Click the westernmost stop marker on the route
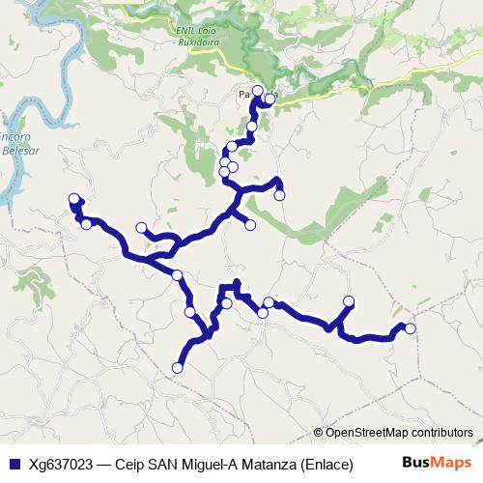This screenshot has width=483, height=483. pos(73,199)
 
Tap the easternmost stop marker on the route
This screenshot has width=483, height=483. pos(410,328)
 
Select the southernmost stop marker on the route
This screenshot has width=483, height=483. pos(177,367)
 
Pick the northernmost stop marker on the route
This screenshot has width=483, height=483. pos(257,90)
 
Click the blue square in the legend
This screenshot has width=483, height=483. pos(13,463)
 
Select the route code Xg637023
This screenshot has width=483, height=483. pos(61,463)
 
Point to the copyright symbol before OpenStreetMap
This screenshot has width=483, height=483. pos(319,433)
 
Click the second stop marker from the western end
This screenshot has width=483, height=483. pos(86,224)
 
